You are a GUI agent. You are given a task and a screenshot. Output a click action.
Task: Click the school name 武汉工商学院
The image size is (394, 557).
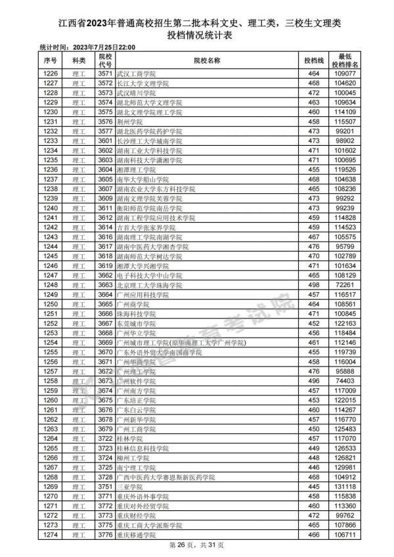(136, 74)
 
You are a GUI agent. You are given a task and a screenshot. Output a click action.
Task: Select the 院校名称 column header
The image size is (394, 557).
(207, 60)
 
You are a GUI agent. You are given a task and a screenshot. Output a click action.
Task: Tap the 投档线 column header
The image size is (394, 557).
(313, 60)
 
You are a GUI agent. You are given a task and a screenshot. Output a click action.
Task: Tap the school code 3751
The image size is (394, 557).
(105, 486)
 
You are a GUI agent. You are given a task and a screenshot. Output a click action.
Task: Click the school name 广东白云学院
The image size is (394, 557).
(136, 409)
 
